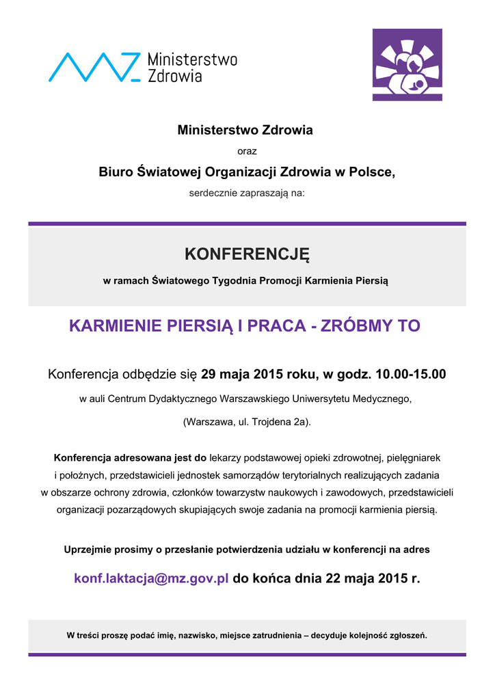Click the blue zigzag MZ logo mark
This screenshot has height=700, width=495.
pyautogui.click(x=94, y=66)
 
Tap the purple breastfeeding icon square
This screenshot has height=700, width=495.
pyautogui.click(x=407, y=64)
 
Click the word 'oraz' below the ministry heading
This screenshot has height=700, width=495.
pyautogui.click(x=247, y=151)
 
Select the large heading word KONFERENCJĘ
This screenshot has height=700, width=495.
pyautogui.click(x=247, y=255)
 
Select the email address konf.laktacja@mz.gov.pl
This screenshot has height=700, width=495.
pyautogui.click(x=151, y=578)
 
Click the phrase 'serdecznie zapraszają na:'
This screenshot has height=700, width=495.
pyautogui.click(x=247, y=193)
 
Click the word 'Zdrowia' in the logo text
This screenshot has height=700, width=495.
pyautogui.click(x=175, y=76)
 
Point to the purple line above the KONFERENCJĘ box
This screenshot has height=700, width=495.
pyautogui.click(x=247, y=224)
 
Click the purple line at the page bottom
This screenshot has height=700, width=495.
pyautogui.click(x=247, y=654)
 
